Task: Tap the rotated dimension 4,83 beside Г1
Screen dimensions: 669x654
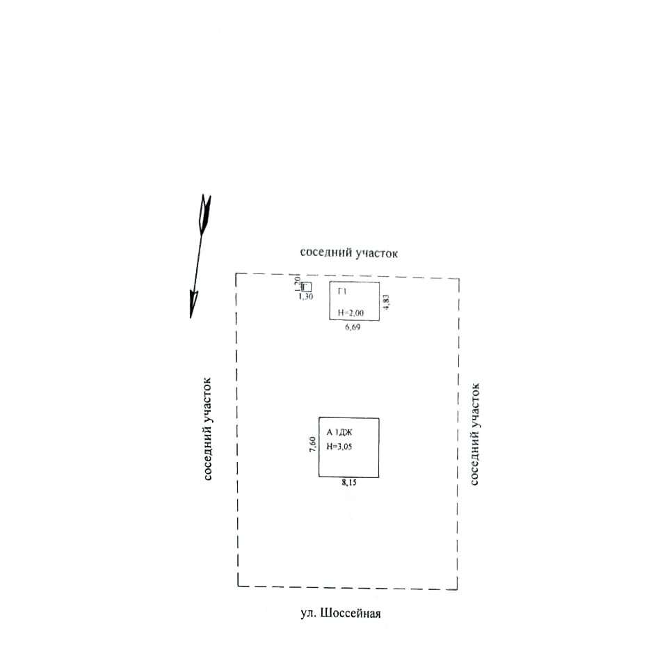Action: click(387, 302)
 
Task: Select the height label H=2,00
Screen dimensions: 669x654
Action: click(350, 312)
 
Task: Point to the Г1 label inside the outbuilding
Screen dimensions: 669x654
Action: click(341, 291)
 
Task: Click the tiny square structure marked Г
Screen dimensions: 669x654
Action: click(306, 287)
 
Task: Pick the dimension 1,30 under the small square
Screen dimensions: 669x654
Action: click(305, 297)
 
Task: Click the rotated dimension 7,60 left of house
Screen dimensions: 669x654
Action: click(313, 444)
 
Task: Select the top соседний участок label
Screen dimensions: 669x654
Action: click(348, 253)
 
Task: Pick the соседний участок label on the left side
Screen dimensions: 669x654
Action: click(207, 429)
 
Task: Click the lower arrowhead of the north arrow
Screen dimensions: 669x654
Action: click(194, 305)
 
